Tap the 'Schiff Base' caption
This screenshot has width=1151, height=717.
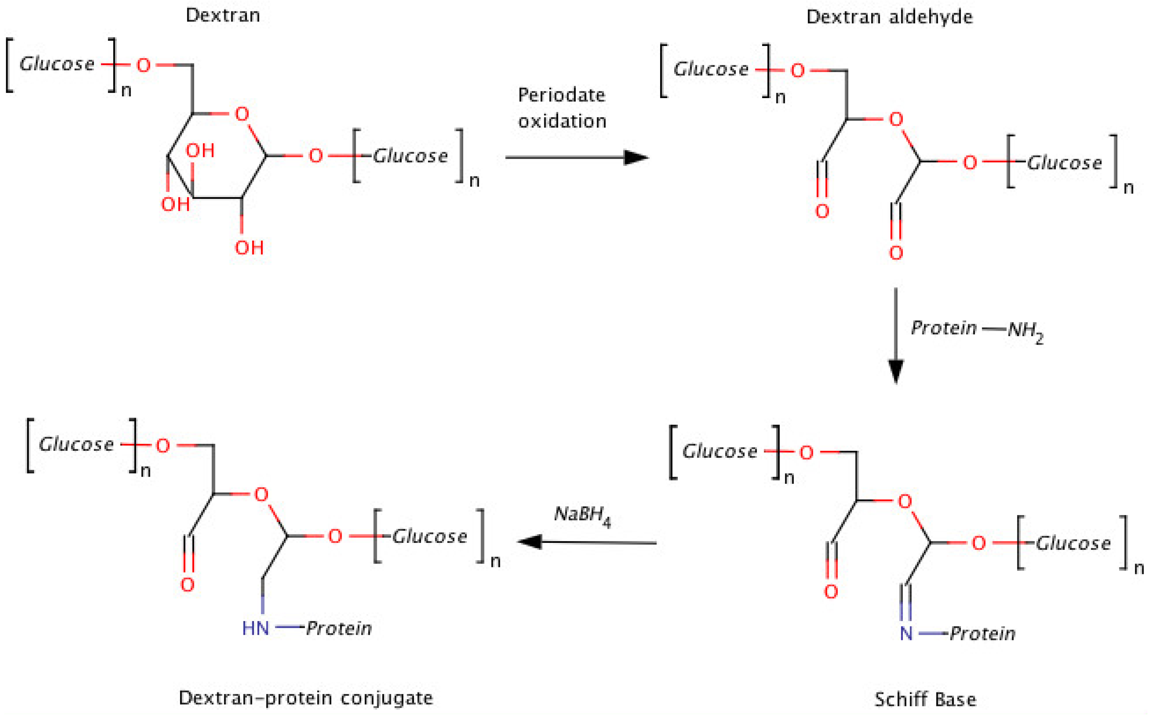point(925,699)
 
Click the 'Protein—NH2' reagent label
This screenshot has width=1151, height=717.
point(977,329)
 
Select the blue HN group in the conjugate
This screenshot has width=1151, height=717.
point(255,628)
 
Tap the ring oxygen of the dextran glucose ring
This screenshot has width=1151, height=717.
point(242,114)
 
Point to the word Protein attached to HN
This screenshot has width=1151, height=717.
point(339,628)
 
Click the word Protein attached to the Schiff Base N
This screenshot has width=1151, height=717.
point(982,634)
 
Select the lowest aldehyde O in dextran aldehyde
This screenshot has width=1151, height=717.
point(895,253)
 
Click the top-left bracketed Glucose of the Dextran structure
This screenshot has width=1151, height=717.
point(57,64)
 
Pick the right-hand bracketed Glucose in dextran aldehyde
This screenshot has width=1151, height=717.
point(1064,163)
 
